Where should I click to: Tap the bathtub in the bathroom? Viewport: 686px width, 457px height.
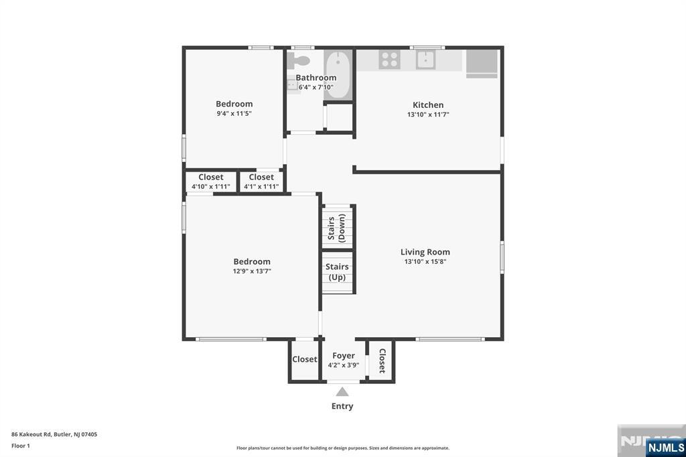point(338,74)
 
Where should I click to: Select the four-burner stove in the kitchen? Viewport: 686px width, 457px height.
point(389,60)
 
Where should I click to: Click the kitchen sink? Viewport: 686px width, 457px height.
point(425,60)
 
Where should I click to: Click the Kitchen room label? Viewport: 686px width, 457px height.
point(427,105)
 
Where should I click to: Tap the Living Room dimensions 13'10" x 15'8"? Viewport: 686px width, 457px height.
point(425,262)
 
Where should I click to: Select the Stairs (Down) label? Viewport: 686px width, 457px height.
point(337,228)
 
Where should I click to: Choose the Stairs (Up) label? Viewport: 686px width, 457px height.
point(337,271)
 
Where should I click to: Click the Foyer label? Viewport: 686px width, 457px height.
point(344,356)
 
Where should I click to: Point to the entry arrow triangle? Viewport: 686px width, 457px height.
point(342,391)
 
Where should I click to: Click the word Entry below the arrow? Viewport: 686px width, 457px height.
point(342,406)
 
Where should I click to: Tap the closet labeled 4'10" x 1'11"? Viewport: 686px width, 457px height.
point(211,182)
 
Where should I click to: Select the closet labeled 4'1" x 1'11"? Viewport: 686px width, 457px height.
point(261,182)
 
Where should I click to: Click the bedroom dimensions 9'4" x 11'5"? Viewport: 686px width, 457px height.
point(234,114)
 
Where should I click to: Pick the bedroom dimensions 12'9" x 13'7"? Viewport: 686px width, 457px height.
point(252,271)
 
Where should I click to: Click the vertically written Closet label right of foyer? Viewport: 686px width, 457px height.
point(382,361)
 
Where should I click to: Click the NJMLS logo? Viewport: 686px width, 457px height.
point(665,447)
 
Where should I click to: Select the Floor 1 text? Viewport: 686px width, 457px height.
point(21,446)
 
